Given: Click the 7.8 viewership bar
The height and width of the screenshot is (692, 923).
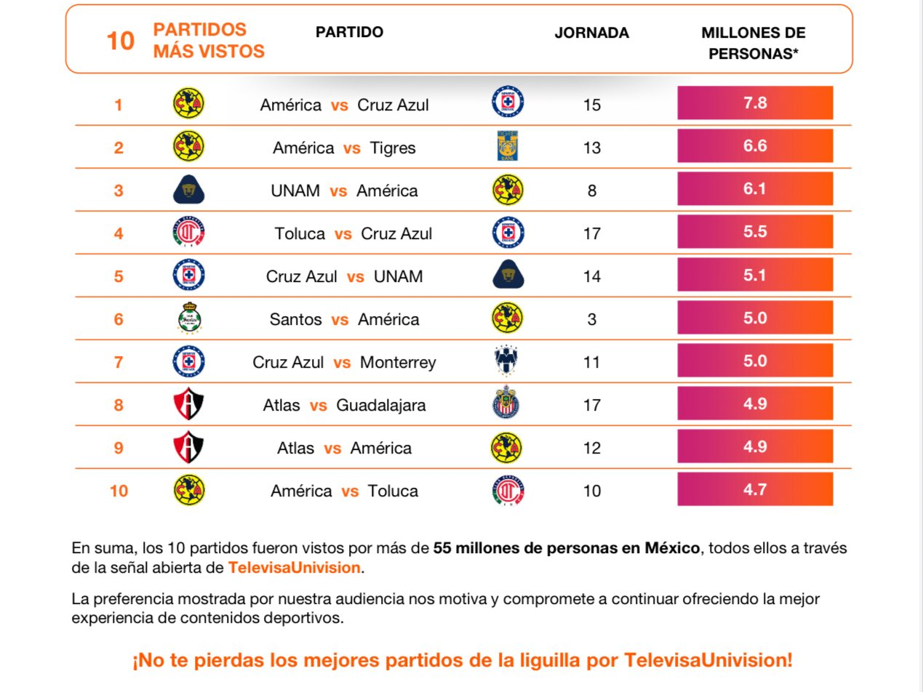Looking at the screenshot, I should click(755, 103).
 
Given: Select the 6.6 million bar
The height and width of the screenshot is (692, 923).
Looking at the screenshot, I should click(755, 146).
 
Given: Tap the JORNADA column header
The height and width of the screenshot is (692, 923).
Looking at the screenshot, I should click(591, 33).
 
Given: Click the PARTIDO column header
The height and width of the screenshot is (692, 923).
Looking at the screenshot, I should click(349, 33).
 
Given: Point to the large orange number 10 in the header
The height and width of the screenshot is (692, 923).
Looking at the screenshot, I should click(120, 41).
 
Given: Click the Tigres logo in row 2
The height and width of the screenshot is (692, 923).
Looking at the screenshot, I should click(508, 146).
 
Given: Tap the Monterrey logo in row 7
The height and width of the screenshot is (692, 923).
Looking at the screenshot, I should click(508, 361).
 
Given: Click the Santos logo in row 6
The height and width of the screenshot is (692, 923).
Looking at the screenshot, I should click(188, 318).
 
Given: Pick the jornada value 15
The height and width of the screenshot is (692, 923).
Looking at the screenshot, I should click(591, 105).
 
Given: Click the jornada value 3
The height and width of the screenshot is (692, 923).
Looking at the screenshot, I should click(591, 319).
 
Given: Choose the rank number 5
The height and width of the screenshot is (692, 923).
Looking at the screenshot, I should click(119, 276).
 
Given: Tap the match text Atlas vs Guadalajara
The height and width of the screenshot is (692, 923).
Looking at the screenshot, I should click(344, 405).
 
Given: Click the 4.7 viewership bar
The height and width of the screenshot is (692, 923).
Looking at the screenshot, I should click(755, 489).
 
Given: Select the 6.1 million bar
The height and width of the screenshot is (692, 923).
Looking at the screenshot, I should click(755, 189).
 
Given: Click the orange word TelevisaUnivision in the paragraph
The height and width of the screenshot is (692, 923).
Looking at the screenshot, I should click(294, 568).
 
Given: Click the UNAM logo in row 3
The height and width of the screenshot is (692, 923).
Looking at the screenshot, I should click(188, 190).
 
